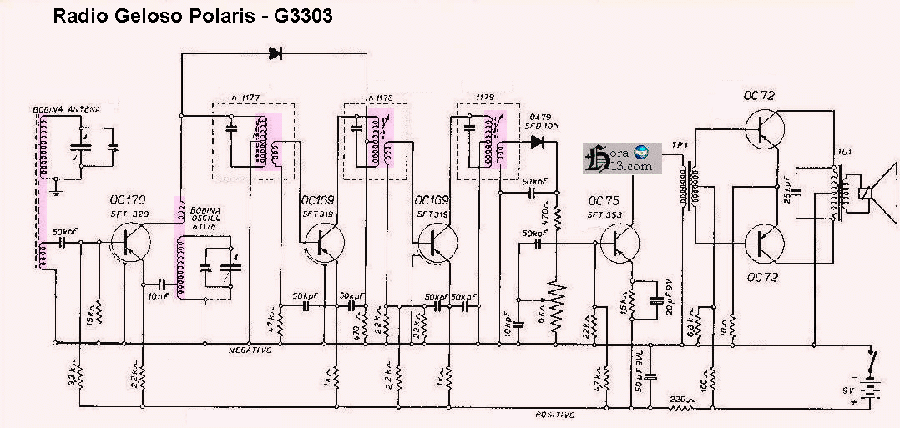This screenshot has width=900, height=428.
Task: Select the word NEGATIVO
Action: click(x=250, y=350)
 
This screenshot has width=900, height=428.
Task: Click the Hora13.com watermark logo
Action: click(x=621, y=158)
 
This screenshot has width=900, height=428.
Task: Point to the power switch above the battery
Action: click(x=873, y=361)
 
